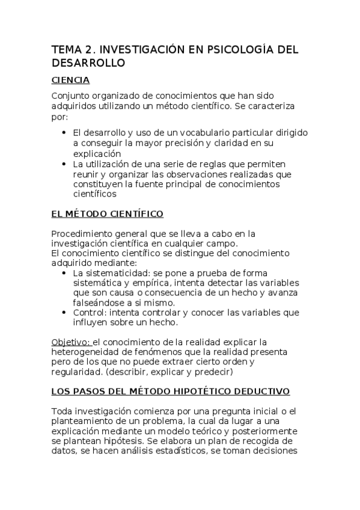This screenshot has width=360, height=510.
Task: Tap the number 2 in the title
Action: tap(88, 50)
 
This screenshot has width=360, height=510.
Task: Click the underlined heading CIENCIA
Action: tap(70, 80)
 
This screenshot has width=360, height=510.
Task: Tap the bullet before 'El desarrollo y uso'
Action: tap(64, 132)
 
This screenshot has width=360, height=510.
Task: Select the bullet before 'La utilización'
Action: tap(64, 164)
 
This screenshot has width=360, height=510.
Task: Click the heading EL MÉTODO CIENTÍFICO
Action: tap(108, 214)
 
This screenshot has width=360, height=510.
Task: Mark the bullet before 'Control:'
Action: tap(64, 312)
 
